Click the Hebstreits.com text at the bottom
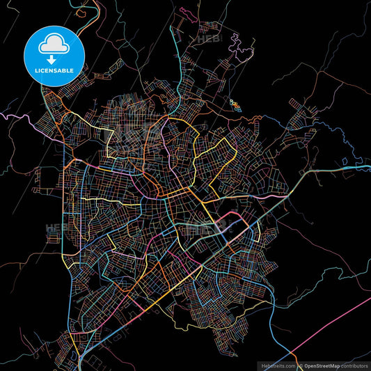click(276, 365)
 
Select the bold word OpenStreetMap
click(326, 365)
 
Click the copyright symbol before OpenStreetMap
click(300, 365)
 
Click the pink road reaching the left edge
click(14, 118)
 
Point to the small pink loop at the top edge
click(186, 12)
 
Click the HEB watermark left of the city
click(54, 227)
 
